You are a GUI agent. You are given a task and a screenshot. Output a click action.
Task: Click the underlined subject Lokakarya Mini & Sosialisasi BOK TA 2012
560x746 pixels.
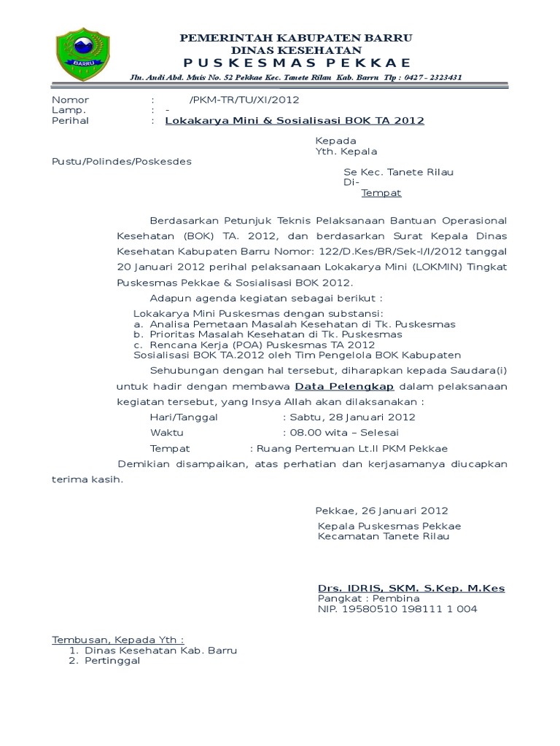(295, 120)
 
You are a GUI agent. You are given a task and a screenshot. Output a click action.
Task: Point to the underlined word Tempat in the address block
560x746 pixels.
(381, 193)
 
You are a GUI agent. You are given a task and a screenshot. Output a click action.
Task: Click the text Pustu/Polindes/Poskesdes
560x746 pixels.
(121, 161)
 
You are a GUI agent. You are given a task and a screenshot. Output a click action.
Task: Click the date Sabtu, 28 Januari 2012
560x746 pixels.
(351, 417)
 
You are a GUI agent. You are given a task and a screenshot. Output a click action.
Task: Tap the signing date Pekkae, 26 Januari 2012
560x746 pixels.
(381, 511)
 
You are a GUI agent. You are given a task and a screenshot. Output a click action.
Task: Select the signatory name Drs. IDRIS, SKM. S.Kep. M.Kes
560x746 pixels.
(411, 588)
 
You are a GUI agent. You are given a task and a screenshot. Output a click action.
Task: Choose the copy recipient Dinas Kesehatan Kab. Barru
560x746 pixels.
(160, 650)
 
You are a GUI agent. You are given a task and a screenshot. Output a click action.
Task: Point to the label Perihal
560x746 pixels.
(70, 120)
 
